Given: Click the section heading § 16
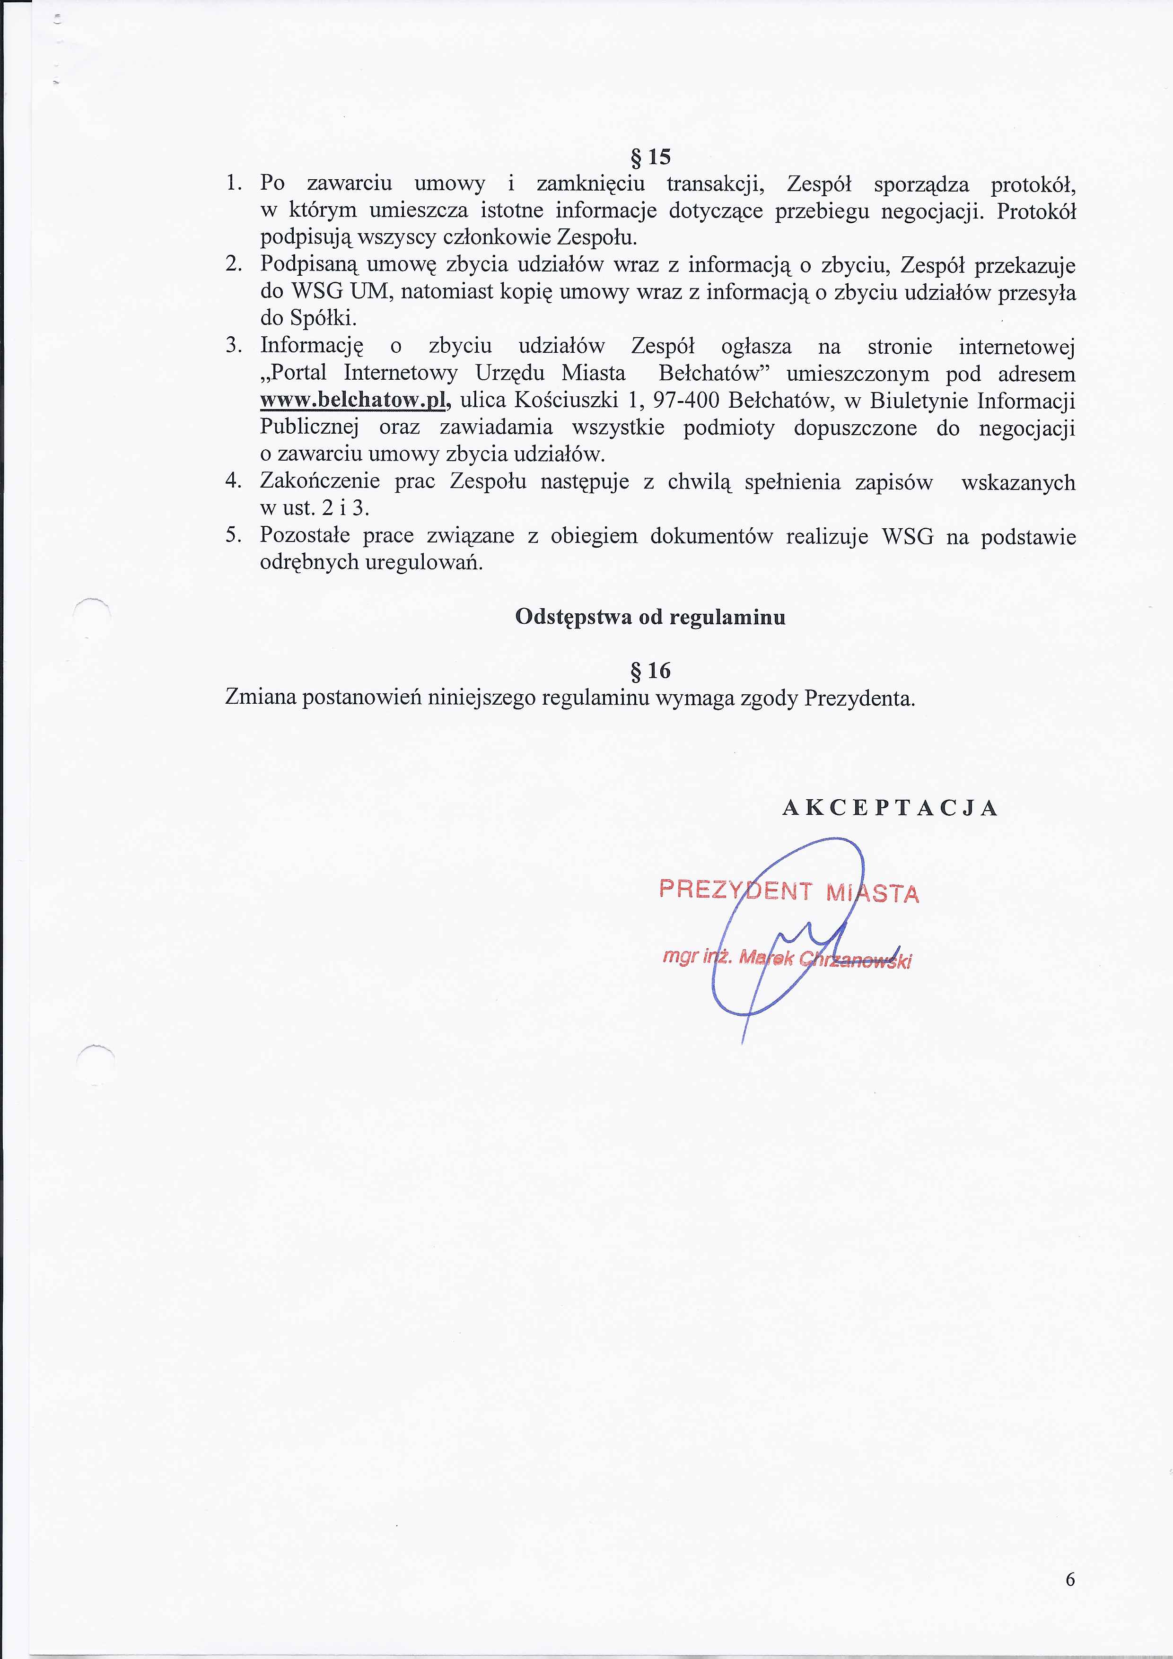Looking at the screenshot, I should click(x=650, y=671).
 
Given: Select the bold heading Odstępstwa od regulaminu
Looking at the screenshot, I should click(x=650, y=618).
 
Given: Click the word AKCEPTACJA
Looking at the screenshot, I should click(x=891, y=808).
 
